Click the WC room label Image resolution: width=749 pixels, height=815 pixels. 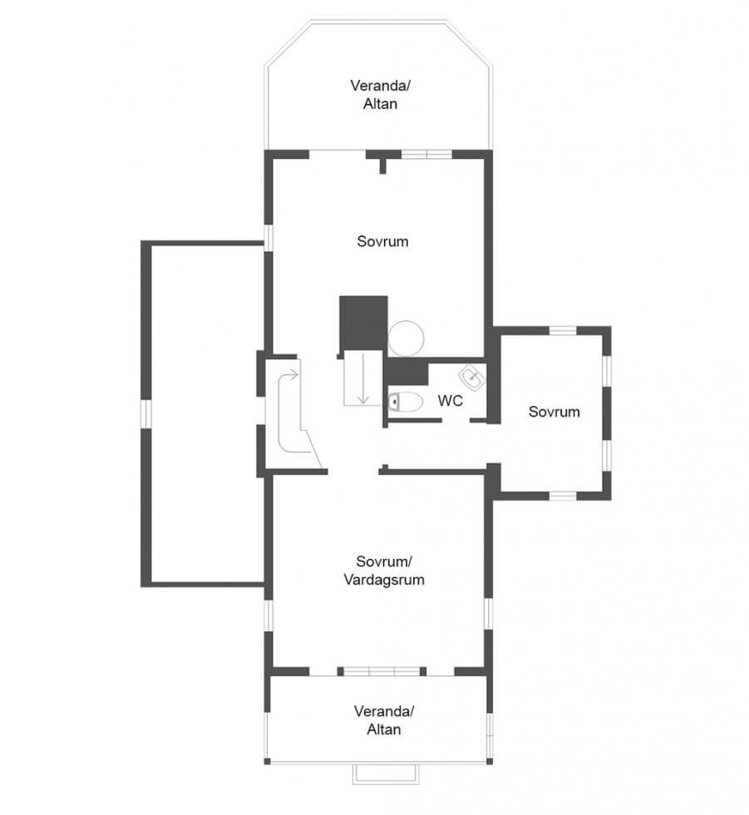[x=450, y=401]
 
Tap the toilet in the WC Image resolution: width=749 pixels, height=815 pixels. [x=405, y=402]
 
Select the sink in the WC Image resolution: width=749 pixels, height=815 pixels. [x=472, y=378]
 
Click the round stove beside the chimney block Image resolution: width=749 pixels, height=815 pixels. [x=406, y=338]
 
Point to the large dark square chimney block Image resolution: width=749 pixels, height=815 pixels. [x=363, y=324]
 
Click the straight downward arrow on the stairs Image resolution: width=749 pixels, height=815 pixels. [x=363, y=379]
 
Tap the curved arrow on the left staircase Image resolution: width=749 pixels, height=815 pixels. [x=286, y=411]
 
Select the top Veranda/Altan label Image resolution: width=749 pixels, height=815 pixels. [x=380, y=95]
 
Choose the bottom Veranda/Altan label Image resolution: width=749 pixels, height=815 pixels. [x=384, y=720]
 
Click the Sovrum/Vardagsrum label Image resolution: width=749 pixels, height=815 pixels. [x=384, y=570]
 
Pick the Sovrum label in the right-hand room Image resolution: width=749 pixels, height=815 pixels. [x=554, y=412]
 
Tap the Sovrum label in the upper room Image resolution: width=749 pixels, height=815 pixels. [x=382, y=241]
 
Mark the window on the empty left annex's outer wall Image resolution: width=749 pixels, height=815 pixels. [x=146, y=414]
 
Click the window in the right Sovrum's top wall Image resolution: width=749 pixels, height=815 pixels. [x=563, y=331]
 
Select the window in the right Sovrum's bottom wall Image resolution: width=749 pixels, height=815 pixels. [x=563, y=496]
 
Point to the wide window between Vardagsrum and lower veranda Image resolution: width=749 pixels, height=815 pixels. [x=382, y=672]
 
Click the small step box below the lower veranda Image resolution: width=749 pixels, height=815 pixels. [x=386, y=774]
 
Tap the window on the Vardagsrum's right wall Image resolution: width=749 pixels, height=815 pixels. [x=488, y=614]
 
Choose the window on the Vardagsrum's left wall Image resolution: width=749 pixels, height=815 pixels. [x=269, y=616]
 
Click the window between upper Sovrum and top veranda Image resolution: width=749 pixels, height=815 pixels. [x=427, y=155]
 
